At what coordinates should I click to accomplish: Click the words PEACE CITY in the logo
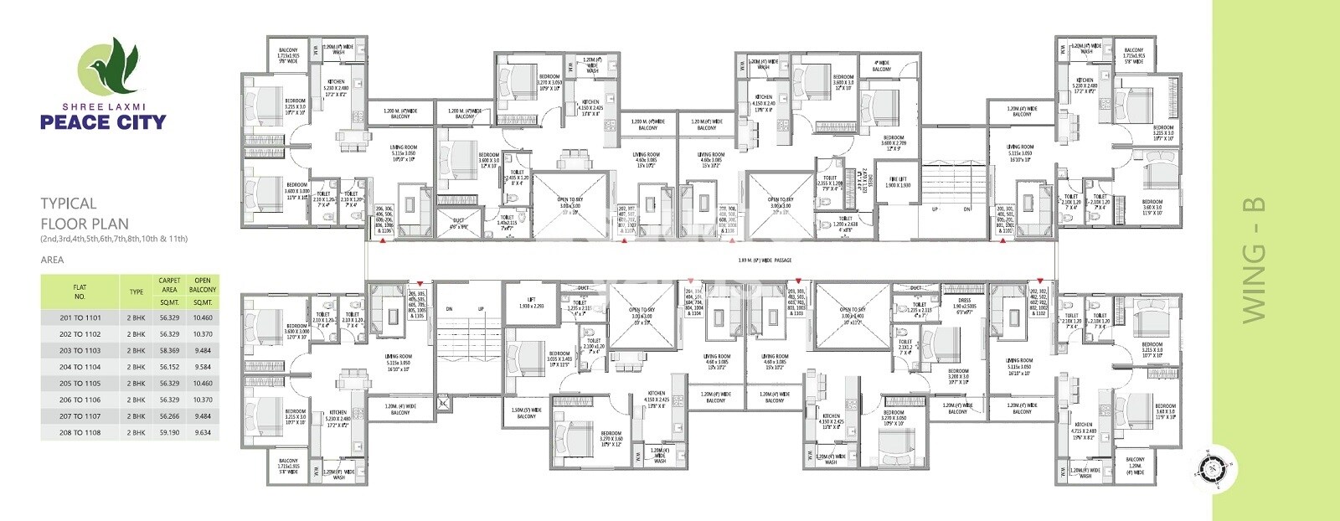(x=103, y=122)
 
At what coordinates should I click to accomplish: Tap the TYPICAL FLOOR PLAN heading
(x=85, y=214)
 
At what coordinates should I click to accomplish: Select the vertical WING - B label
(x=1253, y=260)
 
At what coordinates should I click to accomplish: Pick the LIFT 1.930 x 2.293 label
(x=531, y=302)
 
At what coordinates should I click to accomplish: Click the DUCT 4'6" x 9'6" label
(x=458, y=224)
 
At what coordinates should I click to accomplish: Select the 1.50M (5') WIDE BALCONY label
(x=526, y=413)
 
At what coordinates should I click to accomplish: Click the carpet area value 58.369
(x=169, y=351)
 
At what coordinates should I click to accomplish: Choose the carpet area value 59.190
(x=169, y=433)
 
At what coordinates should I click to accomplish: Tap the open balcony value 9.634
(x=202, y=433)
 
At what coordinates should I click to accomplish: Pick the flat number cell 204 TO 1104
(x=80, y=367)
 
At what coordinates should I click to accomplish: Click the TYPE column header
(x=137, y=292)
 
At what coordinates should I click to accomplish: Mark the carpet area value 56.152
(x=169, y=367)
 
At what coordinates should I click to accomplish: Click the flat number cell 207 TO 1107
(x=80, y=416)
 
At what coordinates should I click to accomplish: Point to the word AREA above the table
(x=52, y=260)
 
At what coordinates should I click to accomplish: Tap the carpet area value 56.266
(x=169, y=416)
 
